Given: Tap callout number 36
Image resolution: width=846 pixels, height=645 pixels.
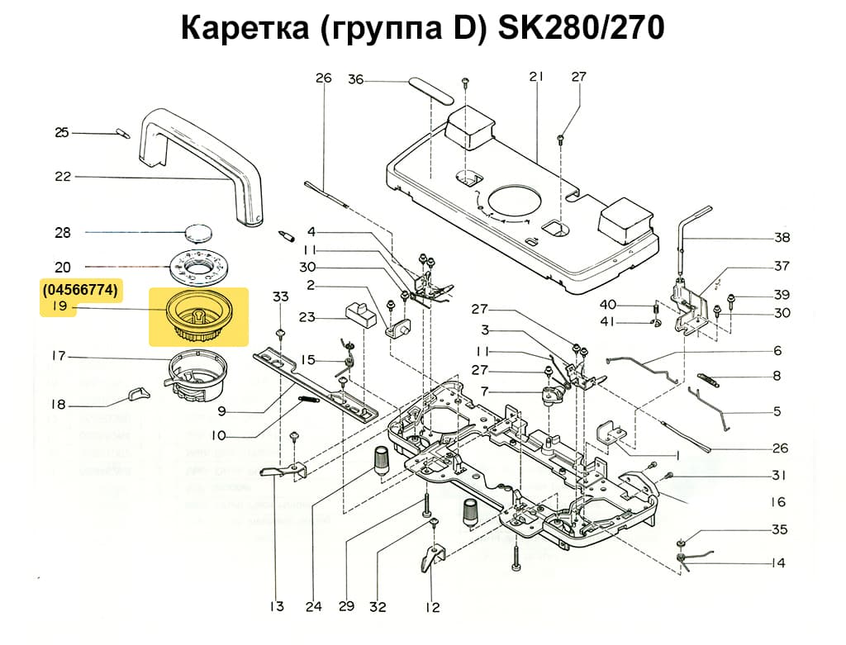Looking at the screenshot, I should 355,80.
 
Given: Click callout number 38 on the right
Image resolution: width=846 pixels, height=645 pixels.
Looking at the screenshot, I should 782,238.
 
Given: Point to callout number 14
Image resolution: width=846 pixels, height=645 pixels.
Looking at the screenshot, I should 777,563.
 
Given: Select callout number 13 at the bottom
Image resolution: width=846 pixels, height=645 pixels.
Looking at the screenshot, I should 276,607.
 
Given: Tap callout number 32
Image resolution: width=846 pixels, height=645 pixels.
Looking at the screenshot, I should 378,607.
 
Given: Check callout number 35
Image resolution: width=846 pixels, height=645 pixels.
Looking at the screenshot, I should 779,529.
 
